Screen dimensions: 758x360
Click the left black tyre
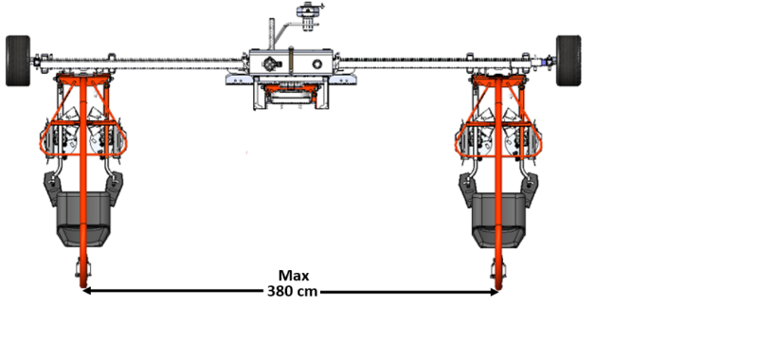coord(18,61)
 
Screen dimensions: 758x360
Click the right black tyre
coord(568,61)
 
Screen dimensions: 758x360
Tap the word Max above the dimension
coord(294,276)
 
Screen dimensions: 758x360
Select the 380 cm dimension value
coord(292,292)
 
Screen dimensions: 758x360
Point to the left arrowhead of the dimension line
coord(88,291)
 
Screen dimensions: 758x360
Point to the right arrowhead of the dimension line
coord(494,292)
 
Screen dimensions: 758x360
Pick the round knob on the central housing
coord(317,63)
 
